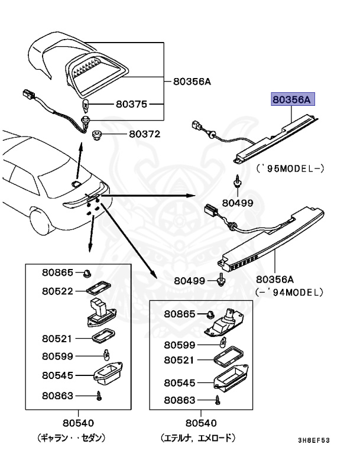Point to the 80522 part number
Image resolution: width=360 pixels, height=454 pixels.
point(57,291)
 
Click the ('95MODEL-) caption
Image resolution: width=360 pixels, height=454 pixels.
point(290,168)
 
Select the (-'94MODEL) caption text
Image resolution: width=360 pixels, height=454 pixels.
point(289,291)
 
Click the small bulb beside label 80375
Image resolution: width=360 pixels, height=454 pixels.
point(85,106)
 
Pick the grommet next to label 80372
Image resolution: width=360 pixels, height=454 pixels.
point(99,135)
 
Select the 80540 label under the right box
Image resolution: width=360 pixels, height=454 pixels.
point(200,423)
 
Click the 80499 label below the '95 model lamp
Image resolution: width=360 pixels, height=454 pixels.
point(237,203)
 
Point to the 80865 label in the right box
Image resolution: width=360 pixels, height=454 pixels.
point(179,314)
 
